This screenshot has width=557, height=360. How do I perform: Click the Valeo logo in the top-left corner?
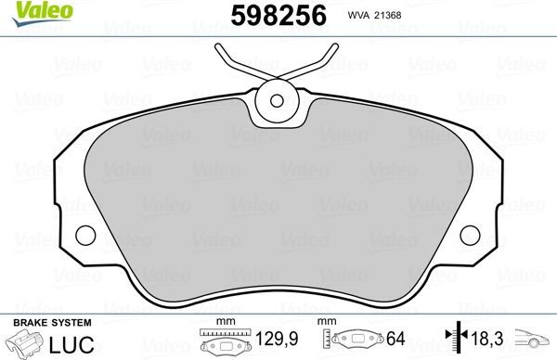[x=31, y=11]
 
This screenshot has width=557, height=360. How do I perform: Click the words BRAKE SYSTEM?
[x=51, y=322]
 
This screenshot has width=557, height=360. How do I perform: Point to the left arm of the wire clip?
[x=232, y=60]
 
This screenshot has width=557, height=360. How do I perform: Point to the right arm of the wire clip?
[x=320, y=60]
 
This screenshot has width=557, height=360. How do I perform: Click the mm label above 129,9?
[x=222, y=322]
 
